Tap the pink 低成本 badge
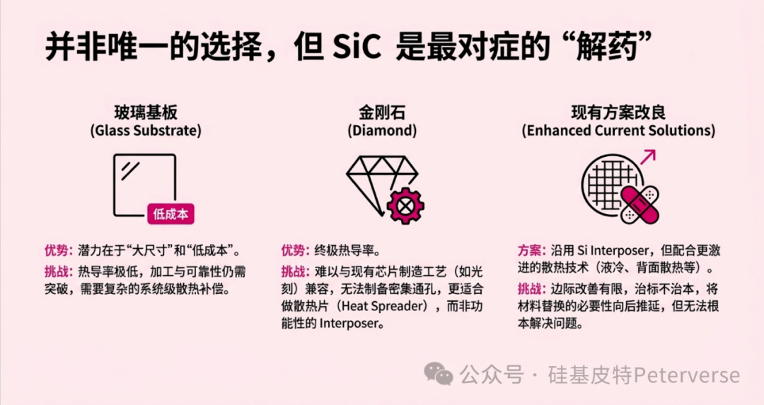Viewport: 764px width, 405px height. (170, 213)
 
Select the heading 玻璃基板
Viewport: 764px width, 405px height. (146, 112)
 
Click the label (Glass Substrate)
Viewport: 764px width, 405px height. (146, 131)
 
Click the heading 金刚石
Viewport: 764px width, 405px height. (382, 112)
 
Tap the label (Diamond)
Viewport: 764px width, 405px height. (382, 131)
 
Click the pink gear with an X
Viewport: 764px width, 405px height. (405, 206)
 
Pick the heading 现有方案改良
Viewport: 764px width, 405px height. (618, 112)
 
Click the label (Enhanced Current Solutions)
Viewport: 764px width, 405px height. (618, 131)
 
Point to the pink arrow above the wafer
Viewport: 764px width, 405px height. (648, 157)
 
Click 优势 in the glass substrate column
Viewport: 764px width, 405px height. (56, 251)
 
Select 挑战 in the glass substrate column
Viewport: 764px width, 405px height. (56, 271)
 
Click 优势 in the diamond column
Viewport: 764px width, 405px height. (292, 251)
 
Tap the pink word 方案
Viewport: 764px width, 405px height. (529, 251)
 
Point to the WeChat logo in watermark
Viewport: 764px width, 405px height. (438, 374)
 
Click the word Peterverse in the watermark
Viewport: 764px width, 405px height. (687, 375)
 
